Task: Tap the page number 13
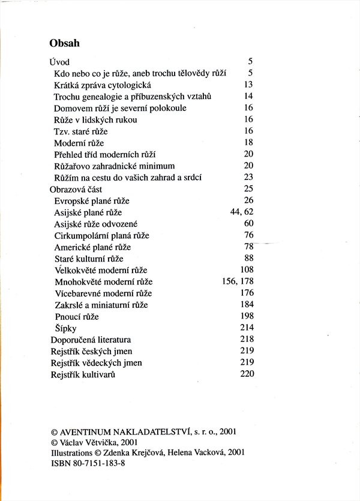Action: (249, 85)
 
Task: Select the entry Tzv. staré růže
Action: (82, 131)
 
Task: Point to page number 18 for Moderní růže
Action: (249, 143)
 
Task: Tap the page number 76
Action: (249, 235)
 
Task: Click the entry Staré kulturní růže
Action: (88, 259)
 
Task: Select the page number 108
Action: (247, 270)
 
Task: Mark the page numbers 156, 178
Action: (238, 281)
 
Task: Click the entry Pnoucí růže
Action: (76, 316)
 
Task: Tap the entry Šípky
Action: (65, 328)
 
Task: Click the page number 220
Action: (247, 374)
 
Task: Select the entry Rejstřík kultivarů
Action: (83, 374)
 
